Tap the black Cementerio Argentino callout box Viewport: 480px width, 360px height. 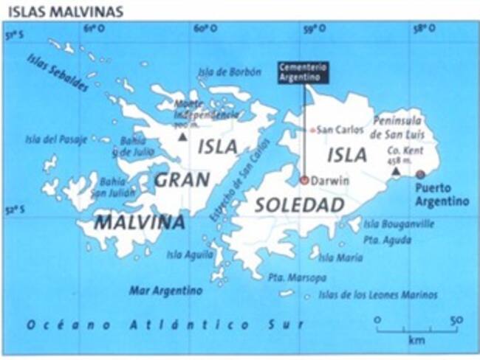pyautogui.click(x=303, y=72)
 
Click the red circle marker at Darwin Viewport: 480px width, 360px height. pyautogui.click(x=304, y=179)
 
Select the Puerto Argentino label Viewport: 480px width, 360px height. pyautogui.click(x=441, y=194)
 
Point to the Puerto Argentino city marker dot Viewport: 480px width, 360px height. pyautogui.click(x=420, y=174)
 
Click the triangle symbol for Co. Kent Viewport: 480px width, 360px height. pyautogui.click(x=396, y=171)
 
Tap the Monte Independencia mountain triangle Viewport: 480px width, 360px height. pyautogui.click(x=182, y=136)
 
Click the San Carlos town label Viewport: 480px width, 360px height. pyautogui.click(x=340, y=130)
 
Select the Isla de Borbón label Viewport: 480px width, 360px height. pyautogui.click(x=230, y=72)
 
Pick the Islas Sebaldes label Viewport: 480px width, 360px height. pyautogui.click(x=57, y=72)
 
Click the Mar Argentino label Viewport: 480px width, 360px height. pyautogui.click(x=165, y=290)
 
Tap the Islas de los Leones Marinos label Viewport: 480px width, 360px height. pyautogui.click(x=377, y=294)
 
